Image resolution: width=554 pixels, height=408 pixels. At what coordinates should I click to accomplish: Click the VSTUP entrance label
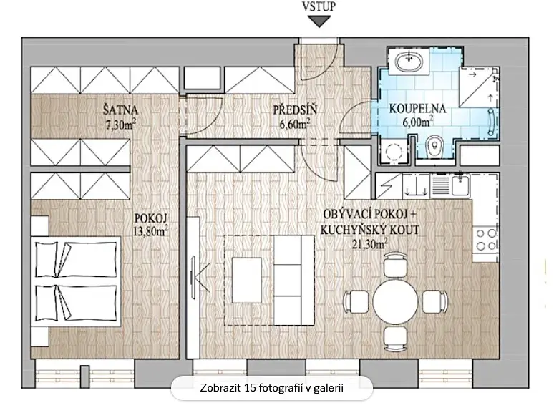(x=319, y=6)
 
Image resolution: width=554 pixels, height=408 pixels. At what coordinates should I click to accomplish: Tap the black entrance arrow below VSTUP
(x=319, y=22)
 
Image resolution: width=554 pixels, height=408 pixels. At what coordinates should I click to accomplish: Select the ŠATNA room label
(x=120, y=110)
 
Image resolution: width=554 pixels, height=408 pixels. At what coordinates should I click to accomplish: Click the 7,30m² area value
(x=121, y=125)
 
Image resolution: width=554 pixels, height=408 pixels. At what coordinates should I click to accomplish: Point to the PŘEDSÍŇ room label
(x=295, y=110)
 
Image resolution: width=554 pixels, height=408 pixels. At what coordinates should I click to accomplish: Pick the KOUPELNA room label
(x=417, y=108)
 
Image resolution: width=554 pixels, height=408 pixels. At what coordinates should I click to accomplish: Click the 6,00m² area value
(x=418, y=122)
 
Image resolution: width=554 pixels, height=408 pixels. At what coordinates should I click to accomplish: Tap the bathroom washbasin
(x=409, y=62)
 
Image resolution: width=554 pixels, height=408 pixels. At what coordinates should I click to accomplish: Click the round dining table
(x=395, y=301)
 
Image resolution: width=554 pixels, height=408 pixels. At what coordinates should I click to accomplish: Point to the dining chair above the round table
(x=395, y=264)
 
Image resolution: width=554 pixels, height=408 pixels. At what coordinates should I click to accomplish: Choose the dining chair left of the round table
(x=357, y=301)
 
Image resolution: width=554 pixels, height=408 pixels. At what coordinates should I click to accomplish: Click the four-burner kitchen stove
(x=486, y=239)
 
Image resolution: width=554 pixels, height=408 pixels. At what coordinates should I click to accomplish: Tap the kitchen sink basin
(x=460, y=185)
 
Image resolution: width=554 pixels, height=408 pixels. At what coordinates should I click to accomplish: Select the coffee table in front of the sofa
(x=247, y=280)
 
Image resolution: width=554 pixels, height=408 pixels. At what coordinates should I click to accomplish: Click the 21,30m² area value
(x=369, y=244)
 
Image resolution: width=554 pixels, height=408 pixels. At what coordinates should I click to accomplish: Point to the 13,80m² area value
(x=150, y=231)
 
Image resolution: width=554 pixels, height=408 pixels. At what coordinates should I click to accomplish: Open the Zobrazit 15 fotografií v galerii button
(x=272, y=388)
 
